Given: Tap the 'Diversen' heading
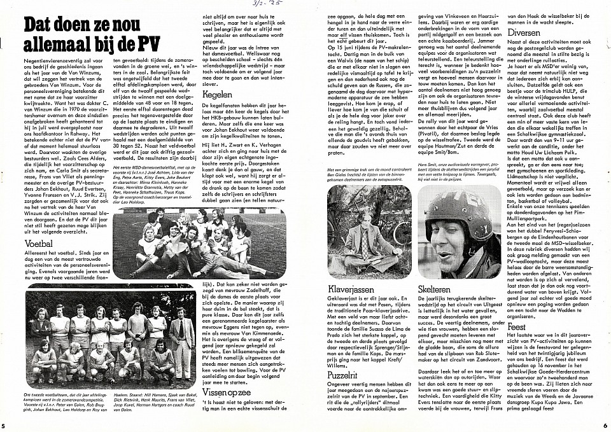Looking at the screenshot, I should click(541, 32).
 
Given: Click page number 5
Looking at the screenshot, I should click(4, 425).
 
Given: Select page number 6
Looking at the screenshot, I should click(605, 425).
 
